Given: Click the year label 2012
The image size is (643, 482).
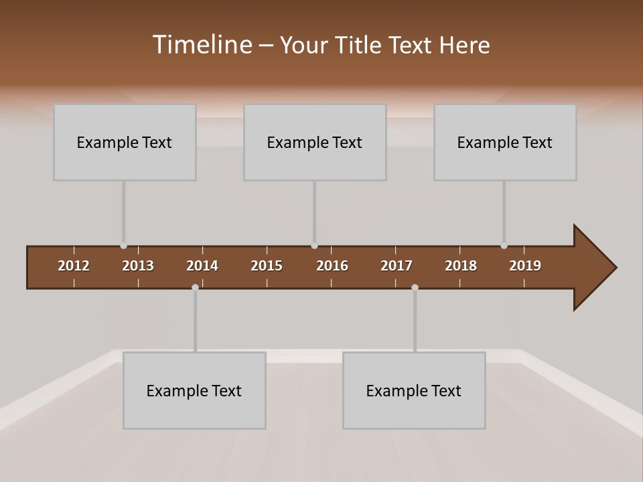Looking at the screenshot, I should click(74, 266).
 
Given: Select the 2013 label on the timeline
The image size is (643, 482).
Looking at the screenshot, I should click(138, 266).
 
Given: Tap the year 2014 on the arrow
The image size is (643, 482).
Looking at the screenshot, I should click(202, 266).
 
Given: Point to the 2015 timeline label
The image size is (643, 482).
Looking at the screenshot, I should click(267, 266).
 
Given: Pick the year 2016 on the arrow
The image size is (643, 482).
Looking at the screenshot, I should click(332, 266).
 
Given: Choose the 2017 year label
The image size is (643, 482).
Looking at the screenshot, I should click(397, 266).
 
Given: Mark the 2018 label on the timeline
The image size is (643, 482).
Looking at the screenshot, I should click(461, 266).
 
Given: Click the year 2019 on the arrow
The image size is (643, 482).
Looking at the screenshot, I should click(525, 266).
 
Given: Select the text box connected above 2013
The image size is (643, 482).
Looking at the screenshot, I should click(125, 142).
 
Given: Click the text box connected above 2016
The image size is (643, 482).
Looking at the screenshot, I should click(315, 142).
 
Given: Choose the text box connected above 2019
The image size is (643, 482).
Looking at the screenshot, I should click(505, 142).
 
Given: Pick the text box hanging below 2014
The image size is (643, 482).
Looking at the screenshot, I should click(194, 390).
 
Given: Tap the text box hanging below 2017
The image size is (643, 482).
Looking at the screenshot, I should click(414, 390).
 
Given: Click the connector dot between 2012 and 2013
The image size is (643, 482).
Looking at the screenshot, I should click(123, 246).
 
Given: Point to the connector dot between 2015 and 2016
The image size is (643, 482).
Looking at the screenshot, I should click(314, 246).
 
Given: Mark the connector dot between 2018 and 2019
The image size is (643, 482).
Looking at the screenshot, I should click(504, 246).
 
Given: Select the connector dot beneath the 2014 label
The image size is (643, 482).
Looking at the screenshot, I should click(195, 287).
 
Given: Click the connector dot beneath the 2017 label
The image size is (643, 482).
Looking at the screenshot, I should click(415, 287).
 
